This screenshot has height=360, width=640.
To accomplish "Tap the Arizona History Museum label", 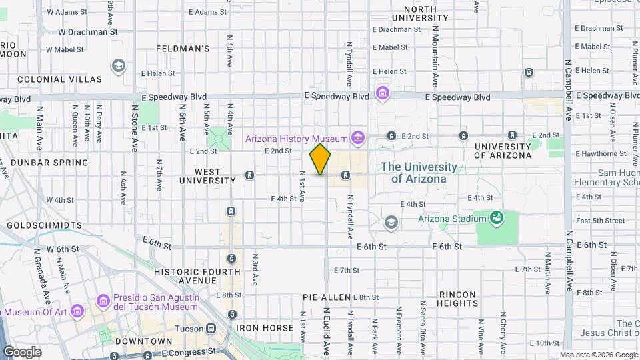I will point(297,139).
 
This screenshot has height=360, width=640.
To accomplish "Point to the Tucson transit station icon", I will point(211,328).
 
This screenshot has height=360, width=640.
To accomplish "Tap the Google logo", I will point(21,351).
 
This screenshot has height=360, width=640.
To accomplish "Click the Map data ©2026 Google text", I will point(598,355).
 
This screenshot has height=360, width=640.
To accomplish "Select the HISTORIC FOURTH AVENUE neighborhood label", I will point(197,276).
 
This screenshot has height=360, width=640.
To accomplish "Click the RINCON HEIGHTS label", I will point(457,299).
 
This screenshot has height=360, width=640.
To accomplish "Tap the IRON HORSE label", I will point(265,328).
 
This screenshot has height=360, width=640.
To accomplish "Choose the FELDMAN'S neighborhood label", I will point(183,49).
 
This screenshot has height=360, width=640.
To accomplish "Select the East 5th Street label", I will point(600,221).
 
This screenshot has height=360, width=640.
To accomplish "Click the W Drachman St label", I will point(87,31).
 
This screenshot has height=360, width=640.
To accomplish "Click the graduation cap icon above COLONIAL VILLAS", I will point(118,65).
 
